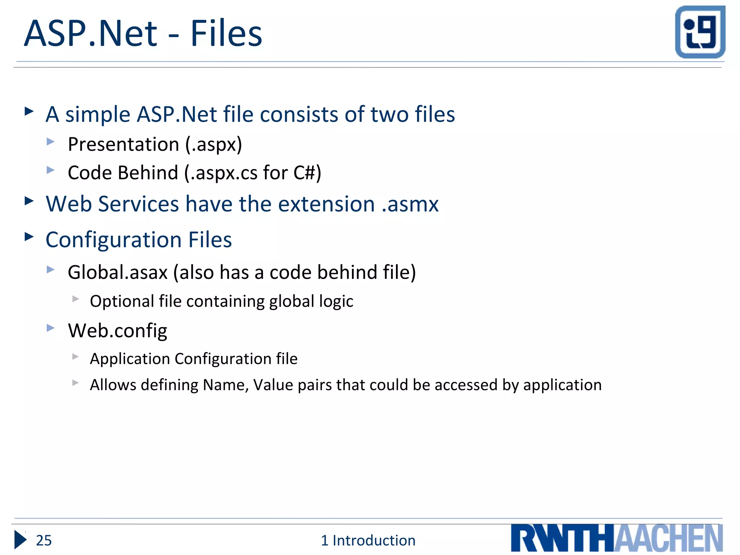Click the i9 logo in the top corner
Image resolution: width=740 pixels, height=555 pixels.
[x=700, y=32]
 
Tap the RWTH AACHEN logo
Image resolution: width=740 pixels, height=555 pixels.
[x=617, y=538]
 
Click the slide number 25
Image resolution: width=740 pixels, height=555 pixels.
[x=44, y=540]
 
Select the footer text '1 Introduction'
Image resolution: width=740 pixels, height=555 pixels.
[x=368, y=540]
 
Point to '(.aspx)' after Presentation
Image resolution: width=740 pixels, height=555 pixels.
[x=214, y=145]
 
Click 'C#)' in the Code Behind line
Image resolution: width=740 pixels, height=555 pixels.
[x=307, y=173]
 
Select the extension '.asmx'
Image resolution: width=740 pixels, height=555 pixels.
[x=410, y=204]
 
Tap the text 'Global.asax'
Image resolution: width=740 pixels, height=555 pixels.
[x=117, y=272]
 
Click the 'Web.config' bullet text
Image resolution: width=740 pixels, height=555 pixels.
[x=117, y=331]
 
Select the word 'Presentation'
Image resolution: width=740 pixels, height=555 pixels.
[x=123, y=145]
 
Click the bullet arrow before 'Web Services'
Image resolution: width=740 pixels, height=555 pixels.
[x=29, y=201]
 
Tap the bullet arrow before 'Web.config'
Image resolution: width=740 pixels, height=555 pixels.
[x=51, y=328]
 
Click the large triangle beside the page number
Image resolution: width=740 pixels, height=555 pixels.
[x=20, y=540]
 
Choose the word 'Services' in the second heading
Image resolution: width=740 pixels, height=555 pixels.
[x=138, y=204]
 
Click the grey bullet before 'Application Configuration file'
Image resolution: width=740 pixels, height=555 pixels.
[x=75, y=357]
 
